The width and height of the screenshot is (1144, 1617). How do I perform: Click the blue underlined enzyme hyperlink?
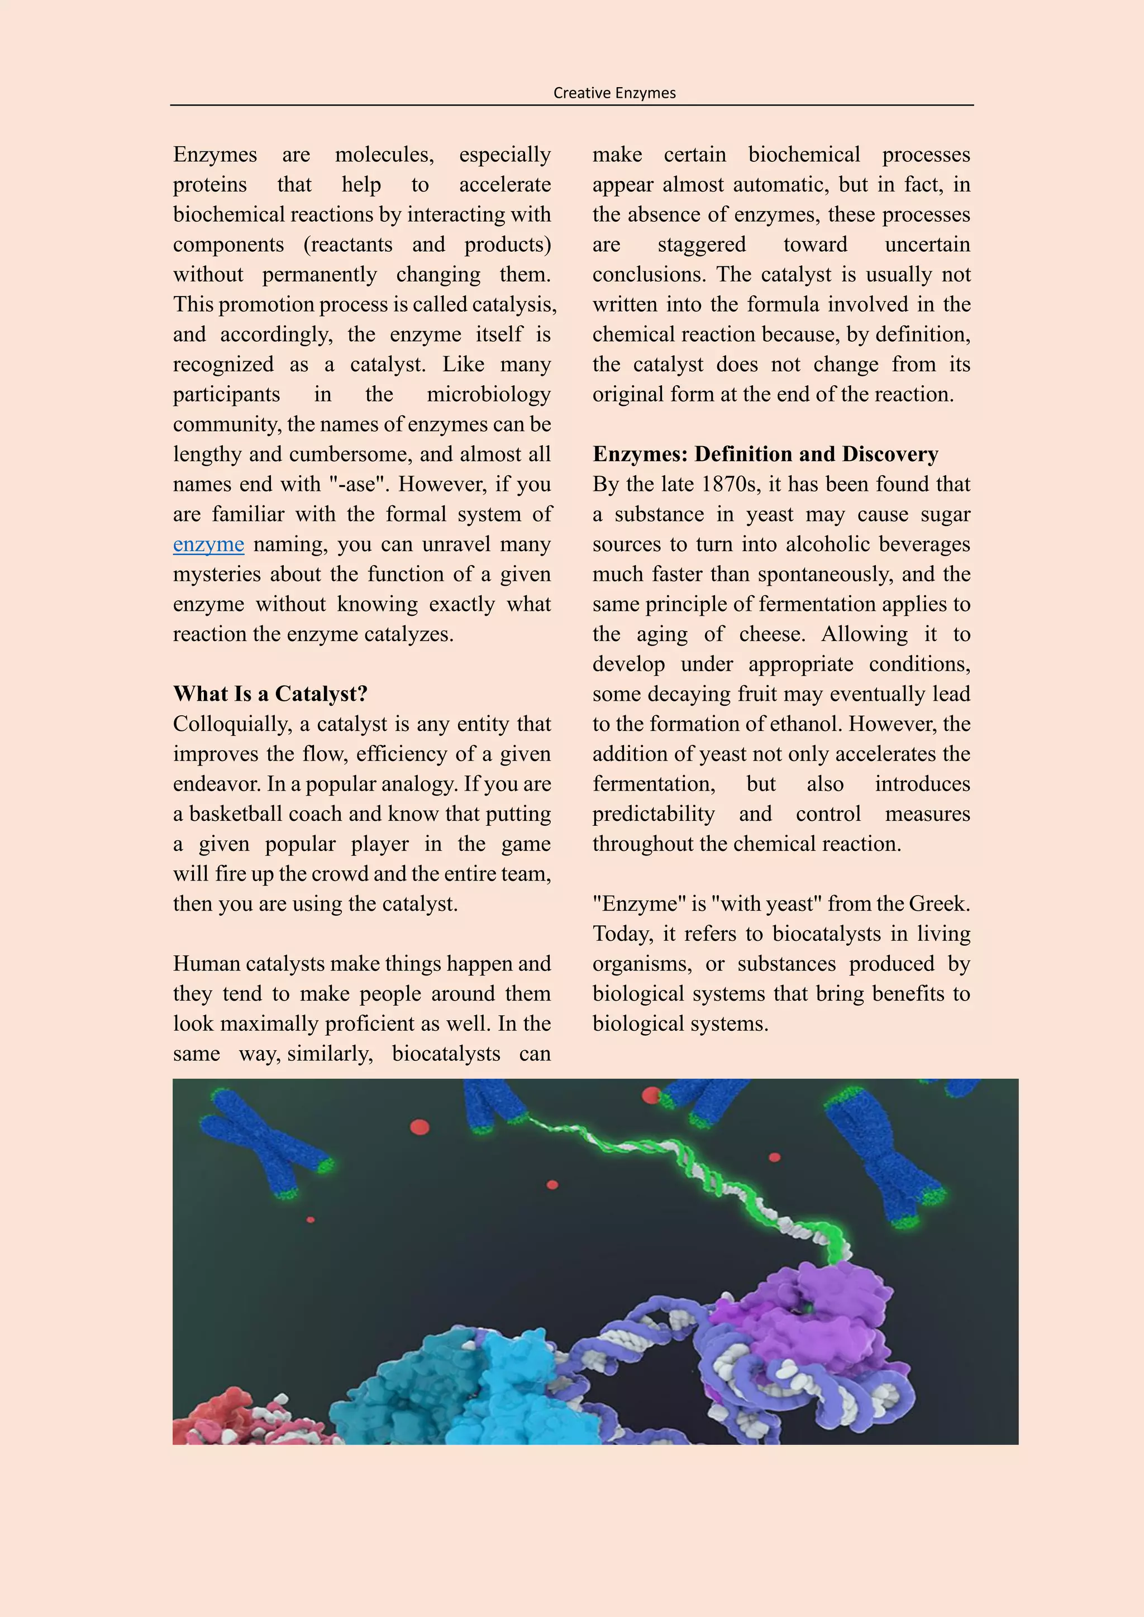click(x=208, y=544)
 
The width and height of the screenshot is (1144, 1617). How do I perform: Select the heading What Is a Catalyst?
click(x=270, y=693)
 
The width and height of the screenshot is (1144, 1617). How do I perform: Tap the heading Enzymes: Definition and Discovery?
click(x=765, y=455)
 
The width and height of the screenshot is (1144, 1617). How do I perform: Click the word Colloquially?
click(x=232, y=724)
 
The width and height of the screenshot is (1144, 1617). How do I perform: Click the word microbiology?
click(x=488, y=394)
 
